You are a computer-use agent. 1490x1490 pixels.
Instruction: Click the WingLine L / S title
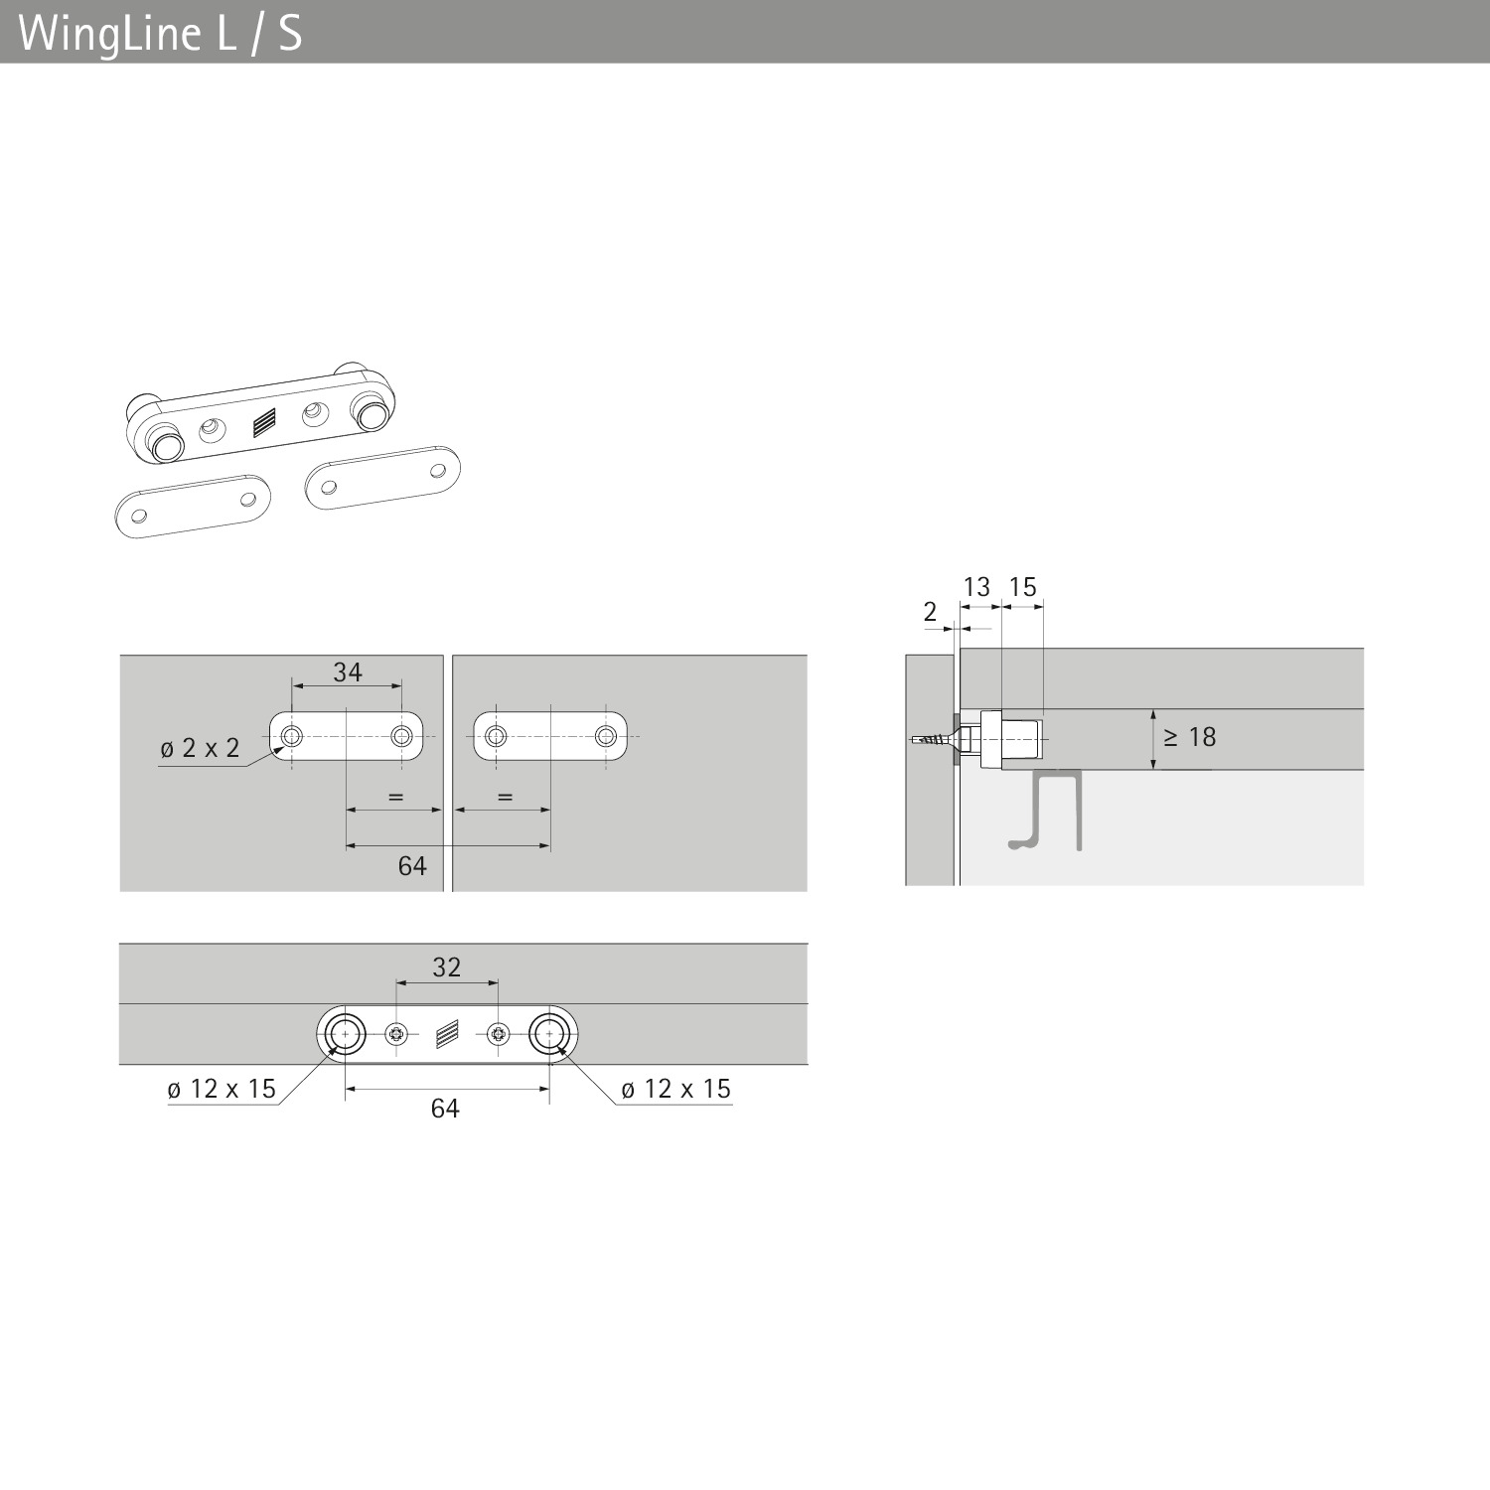tap(160, 34)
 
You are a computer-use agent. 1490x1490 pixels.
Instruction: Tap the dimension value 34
tap(348, 672)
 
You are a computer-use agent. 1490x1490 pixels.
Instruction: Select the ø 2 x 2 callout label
tap(200, 748)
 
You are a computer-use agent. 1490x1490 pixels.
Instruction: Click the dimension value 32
tap(447, 967)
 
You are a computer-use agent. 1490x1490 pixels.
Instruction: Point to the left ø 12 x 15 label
tap(222, 1089)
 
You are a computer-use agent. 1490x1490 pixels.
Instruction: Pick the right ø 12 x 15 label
tap(675, 1089)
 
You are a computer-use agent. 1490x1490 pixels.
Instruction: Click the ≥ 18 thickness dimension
tap(1190, 737)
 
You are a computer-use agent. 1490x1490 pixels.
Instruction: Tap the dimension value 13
tap(977, 587)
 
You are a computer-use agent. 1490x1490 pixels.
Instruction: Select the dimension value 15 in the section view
tap(1022, 587)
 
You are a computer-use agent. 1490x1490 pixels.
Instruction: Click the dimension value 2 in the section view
tap(930, 612)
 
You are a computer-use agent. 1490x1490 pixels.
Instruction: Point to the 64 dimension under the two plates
tap(412, 866)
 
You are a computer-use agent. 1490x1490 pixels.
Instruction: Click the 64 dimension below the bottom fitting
tap(445, 1109)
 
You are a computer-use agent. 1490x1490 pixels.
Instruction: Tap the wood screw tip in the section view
tap(912, 741)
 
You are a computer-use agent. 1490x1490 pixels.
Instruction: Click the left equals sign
tap(395, 797)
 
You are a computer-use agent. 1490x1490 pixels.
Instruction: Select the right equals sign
tap(505, 797)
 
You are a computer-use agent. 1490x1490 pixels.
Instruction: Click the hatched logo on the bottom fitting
tap(448, 1035)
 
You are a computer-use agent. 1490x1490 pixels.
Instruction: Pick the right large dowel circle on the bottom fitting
tap(548, 1035)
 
